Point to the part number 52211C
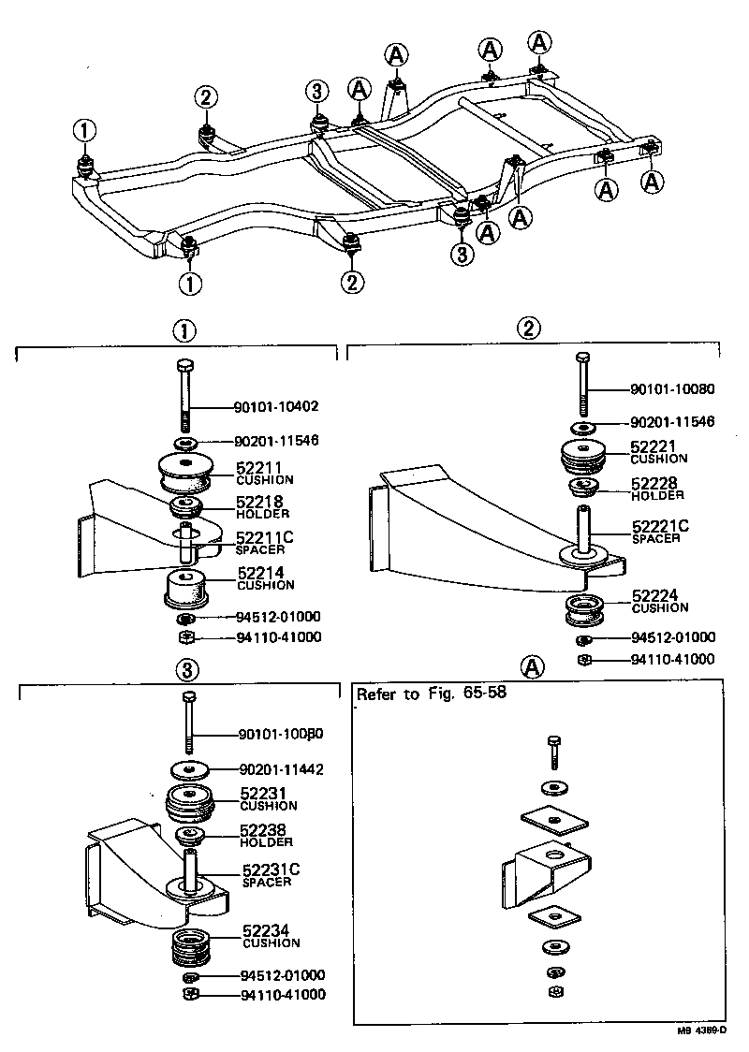tap(265, 536)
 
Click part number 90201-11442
tap(282, 769)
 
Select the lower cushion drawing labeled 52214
tap(186, 591)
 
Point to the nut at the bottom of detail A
tap(553, 991)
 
